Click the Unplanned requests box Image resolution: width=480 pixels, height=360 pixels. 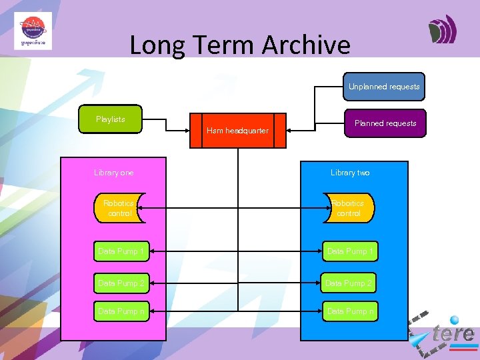(x=384, y=87)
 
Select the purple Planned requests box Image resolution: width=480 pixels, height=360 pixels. (x=385, y=123)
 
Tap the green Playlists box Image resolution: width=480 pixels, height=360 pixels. (x=111, y=119)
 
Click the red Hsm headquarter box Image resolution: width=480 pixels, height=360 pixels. (x=237, y=131)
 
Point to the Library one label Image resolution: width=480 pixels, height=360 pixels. (x=114, y=173)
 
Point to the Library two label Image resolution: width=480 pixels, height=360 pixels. (x=350, y=173)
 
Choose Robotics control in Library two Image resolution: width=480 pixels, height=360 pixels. (x=349, y=208)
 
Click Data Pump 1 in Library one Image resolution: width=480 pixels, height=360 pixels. (x=121, y=251)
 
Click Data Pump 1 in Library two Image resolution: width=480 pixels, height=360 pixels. (x=350, y=251)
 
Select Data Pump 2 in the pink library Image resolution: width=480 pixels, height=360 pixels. (x=121, y=283)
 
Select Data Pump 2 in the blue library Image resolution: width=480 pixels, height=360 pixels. (x=350, y=283)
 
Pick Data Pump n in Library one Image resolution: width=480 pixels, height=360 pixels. (x=121, y=311)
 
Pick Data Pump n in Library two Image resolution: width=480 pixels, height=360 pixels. (x=350, y=311)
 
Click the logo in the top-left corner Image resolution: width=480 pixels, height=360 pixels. (x=33, y=31)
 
